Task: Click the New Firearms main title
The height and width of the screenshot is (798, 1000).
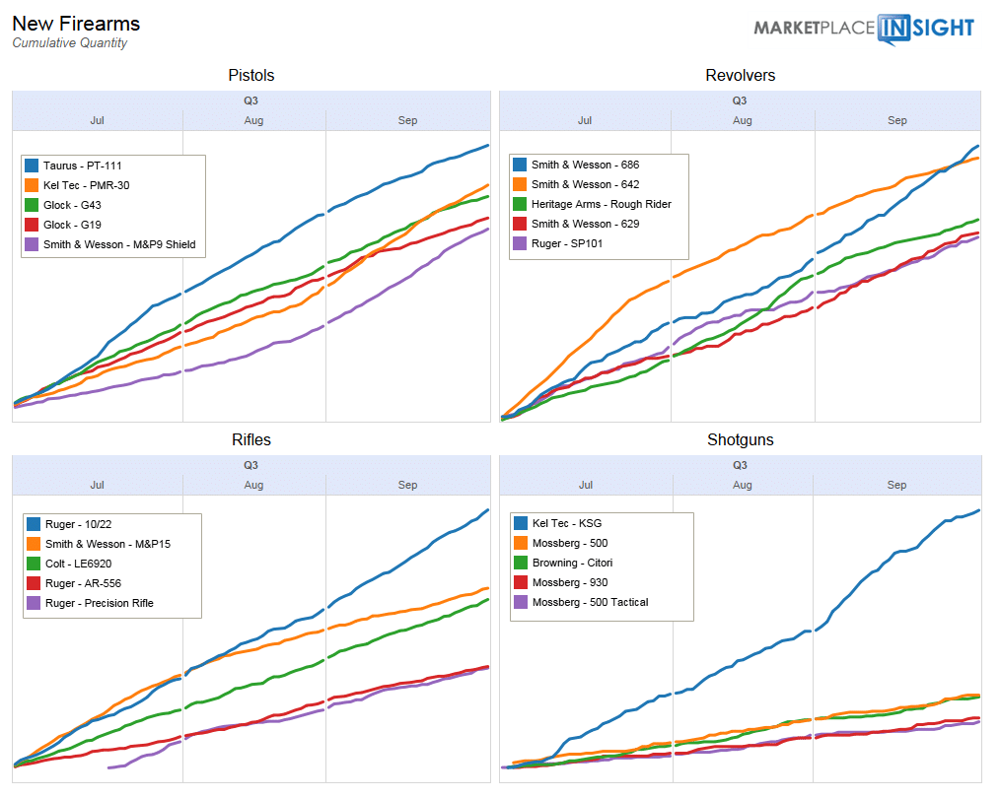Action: point(76,24)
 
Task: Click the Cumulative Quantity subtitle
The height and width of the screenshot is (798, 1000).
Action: point(69,43)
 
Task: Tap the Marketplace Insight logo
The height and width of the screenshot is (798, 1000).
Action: point(864,28)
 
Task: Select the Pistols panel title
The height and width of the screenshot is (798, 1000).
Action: point(250,76)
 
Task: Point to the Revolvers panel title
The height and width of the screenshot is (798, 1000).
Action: point(740,76)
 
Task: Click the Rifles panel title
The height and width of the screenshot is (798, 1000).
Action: point(250,440)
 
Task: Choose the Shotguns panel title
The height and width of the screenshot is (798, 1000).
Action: point(740,440)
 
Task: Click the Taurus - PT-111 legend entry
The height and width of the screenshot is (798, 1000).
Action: point(83,166)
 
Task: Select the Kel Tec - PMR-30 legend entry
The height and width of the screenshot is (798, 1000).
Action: point(87,185)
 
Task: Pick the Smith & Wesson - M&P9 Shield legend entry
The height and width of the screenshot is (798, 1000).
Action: point(118,244)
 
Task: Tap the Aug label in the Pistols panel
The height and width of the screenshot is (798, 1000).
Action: point(253,120)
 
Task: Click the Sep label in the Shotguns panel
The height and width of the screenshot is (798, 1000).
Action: point(896,485)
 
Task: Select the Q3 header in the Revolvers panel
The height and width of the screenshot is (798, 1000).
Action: point(740,100)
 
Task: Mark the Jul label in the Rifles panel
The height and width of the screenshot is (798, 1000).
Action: point(97,485)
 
